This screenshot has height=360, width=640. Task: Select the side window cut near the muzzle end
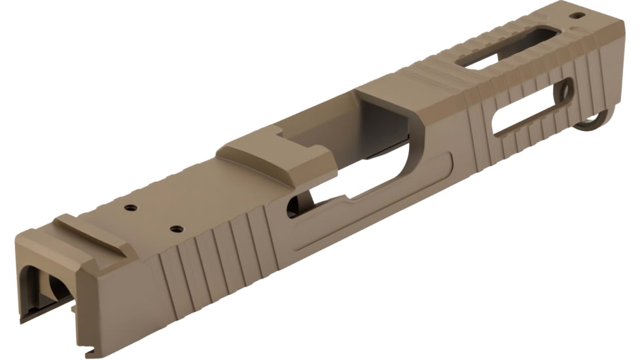point(530,108)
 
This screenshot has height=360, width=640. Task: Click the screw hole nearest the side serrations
point(175,229)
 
